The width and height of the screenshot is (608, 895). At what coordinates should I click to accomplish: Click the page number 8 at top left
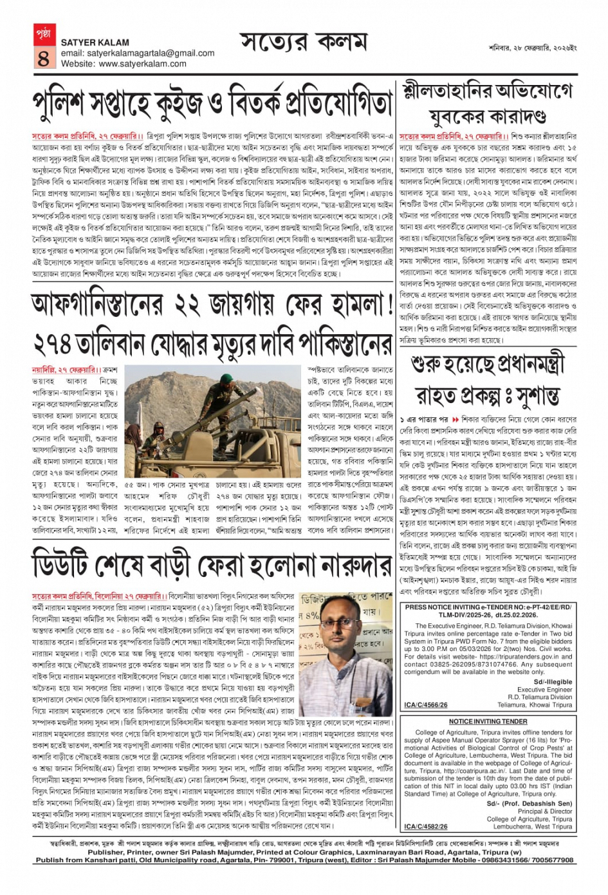pos(43,59)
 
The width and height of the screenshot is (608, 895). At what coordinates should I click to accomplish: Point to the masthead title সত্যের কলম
pos(304,44)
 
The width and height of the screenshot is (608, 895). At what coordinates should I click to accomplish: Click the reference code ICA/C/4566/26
pos(426,705)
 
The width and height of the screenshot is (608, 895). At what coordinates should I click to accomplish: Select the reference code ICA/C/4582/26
pos(426,826)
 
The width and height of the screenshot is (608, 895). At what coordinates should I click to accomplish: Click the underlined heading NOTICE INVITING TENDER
pos(488,722)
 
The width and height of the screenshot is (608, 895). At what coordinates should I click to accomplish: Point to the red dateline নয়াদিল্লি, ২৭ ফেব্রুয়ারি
pos(64,370)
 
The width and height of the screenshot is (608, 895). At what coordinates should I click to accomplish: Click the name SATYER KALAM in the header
pos(95,42)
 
